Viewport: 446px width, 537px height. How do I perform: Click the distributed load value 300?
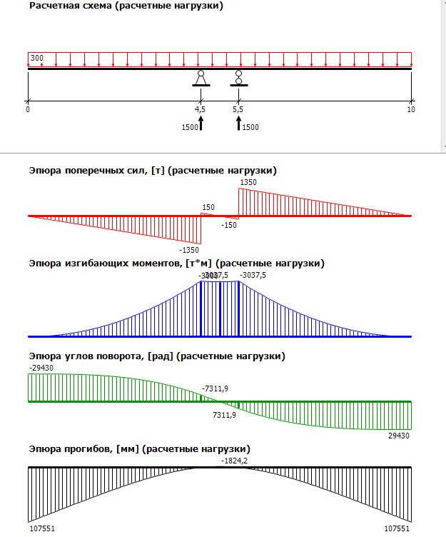36,57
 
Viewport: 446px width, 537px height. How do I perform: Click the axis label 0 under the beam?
28,109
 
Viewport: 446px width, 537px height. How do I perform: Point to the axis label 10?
410,109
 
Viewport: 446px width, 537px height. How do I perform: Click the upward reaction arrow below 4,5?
201,124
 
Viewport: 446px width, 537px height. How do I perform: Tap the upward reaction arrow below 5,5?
238,124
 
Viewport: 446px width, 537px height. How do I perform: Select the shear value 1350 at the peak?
249,183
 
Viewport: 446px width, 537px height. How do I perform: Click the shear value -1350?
190,250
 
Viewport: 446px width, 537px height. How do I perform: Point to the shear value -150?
228,225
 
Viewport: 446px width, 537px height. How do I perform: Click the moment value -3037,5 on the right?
253,275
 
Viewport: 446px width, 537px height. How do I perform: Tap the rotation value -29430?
41,368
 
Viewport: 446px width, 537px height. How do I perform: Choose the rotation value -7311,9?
215,388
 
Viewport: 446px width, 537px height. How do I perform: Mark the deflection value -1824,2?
235,461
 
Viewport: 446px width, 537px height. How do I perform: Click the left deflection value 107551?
41,529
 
